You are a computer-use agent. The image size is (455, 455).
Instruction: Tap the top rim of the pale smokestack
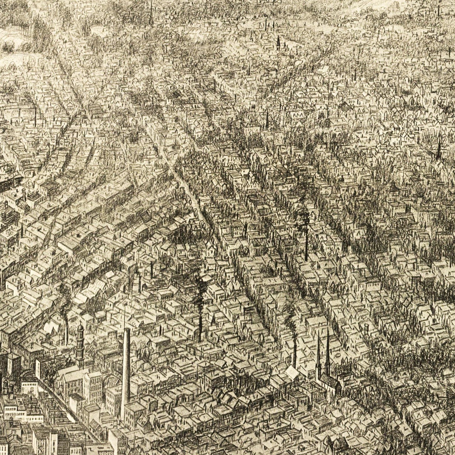click(x=127, y=329)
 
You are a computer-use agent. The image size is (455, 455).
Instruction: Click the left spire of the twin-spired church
click(x=318, y=353)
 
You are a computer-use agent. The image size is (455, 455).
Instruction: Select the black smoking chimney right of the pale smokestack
click(x=200, y=327)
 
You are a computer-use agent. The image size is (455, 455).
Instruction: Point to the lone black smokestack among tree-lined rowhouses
click(x=306, y=246)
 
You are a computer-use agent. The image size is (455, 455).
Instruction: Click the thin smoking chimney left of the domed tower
click(x=67, y=331)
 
